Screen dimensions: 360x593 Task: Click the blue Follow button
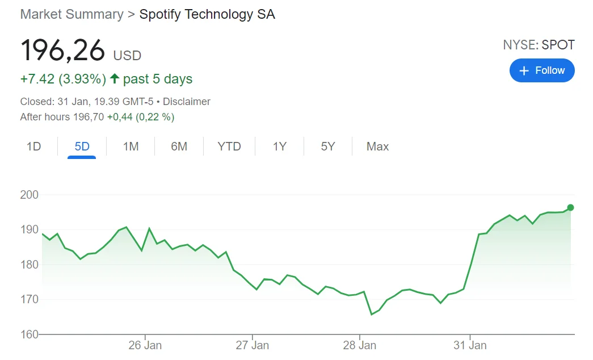point(542,70)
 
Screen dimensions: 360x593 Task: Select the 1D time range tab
point(34,146)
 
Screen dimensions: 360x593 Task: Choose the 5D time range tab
point(82,146)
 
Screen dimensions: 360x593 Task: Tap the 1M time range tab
point(131,146)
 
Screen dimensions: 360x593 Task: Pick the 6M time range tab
point(179,146)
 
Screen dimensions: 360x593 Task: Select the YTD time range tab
point(229,146)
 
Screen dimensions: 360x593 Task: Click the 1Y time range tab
point(279,146)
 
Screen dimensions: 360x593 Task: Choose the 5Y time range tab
point(328,146)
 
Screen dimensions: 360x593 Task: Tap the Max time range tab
point(377,146)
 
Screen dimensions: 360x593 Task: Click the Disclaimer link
point(187,102)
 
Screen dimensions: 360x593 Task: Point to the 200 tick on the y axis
point(29,195)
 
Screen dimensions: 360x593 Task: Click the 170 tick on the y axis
point(29,299)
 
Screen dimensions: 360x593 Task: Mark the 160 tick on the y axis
point(29,334)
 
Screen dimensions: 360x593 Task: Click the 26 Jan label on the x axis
point(145,345)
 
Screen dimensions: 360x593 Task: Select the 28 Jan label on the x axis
point(360,345)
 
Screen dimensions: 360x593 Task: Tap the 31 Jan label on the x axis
point(470,345)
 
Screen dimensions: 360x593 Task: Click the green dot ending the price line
point(570,207)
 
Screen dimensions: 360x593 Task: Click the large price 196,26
point(63,51)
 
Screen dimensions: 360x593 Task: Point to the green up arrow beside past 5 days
point(115,79)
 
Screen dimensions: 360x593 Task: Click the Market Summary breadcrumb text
point(72,15)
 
